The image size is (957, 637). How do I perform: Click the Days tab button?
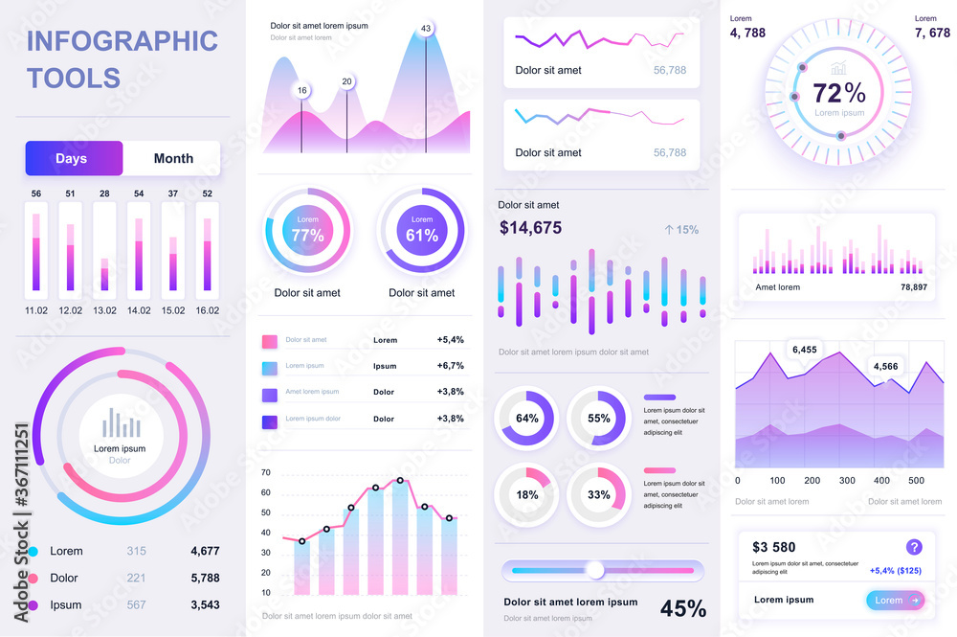[x=74, y=158]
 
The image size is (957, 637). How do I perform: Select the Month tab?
[x=173, y=158]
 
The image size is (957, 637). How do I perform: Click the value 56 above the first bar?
[x=36, y=193]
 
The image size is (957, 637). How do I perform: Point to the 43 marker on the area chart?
[x=426, y=28]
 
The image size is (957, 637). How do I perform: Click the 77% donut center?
[x=307, y=230]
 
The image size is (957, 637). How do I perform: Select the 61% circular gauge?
[x=422, y=230]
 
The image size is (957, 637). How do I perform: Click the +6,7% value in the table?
[x=450, y=366]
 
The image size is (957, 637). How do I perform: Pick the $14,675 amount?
[x=530, y=228]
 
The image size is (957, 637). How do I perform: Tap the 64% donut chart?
[x=527, y=418]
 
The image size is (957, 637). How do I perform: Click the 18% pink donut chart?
[x=527, y=495]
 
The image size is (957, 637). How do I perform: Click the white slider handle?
[x=595, y=571]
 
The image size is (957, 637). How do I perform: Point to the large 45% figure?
[x=683, y=608]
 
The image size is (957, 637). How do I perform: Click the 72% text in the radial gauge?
[x=839, y=93]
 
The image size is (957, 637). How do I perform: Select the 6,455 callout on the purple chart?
[x=805, y=350]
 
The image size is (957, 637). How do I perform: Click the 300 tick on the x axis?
[x=847, y=481]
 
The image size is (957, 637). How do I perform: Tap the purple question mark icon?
[x=914, y=547]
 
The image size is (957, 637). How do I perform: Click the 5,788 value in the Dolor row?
[x=205, y=578]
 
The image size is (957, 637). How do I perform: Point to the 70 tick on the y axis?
[x=265, y=473]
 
